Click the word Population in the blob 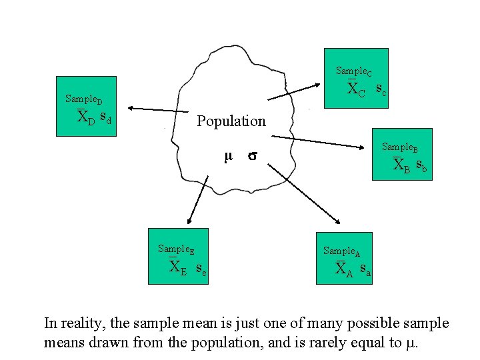pos(231,121)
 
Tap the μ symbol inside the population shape pos(228,157)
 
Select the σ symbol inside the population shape pos(253,157)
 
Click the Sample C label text pos(354,71)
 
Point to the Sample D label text pos(83,99)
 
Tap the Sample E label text pos(176,249)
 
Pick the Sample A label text pos(341,251)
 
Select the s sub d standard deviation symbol pos(105,118)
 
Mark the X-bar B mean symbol pos(402,164)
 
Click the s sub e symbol pos(200,269)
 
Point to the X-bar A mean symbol pos(343,269)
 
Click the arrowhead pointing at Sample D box pos(131,107)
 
